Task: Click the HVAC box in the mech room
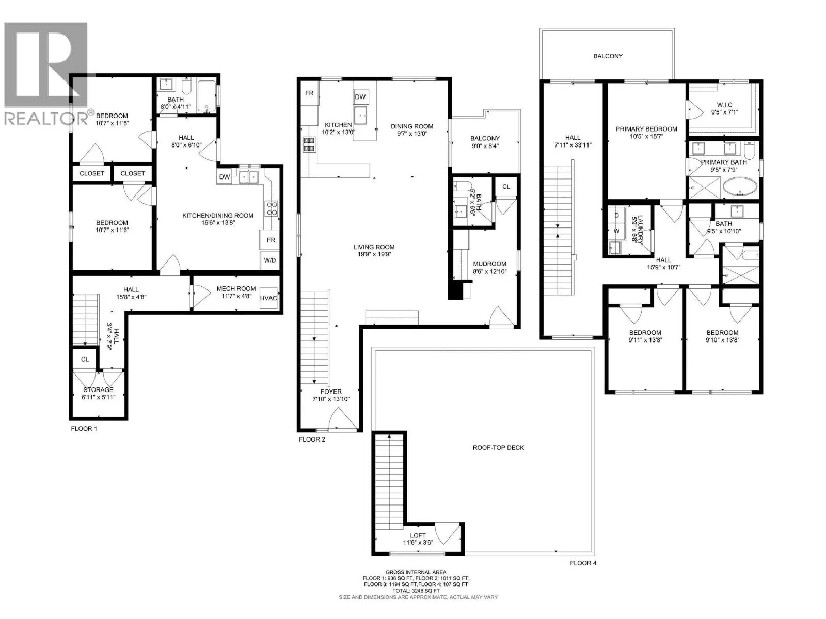[x=268, y=298]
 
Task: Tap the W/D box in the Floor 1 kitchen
[x=270, y=260]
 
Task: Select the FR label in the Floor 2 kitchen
[x=309, y=93]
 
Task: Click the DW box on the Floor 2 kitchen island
[x=360, y=97]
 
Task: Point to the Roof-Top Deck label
[x=498, y=448]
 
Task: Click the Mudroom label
[x=489, y=264]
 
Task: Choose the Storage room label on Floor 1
[x=98, y=389]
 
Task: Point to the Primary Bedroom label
[x=646, y=129]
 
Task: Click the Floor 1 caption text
[x=84, y=429]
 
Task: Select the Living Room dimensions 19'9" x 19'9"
[x=374, y=254]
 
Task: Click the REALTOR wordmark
[x=46, y=119]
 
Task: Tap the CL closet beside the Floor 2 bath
[x=506, y=187]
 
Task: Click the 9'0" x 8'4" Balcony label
[x=485, y=146]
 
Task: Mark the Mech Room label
[x=236, y=289]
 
